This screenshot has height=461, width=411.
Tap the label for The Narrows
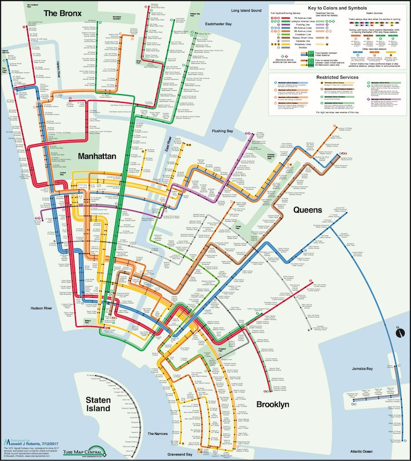click(x=158, y=434)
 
